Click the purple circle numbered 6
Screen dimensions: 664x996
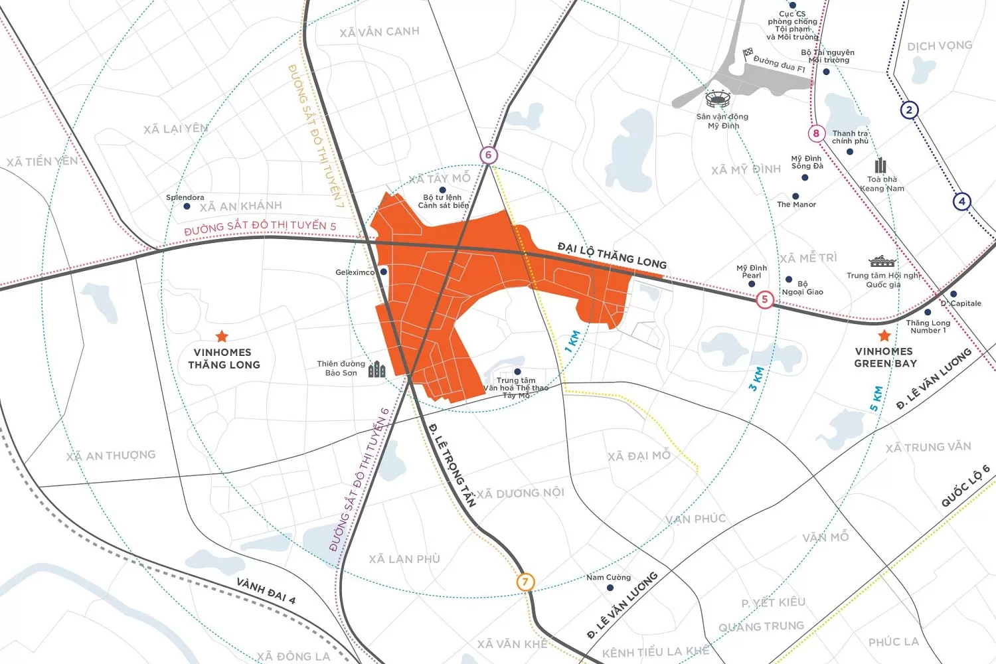(488, 155)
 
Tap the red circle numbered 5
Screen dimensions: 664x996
(764, 299)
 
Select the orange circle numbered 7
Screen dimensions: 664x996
(525, 582)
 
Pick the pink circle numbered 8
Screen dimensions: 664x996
(816, 133)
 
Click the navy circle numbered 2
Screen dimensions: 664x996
(909, 110)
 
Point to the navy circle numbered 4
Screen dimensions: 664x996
(961, 201)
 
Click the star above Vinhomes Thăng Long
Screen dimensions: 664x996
(222, 337)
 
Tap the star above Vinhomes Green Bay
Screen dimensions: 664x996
(884, 335)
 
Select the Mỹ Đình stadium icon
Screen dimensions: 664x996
(717, 100)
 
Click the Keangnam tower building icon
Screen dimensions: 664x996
(880, 165)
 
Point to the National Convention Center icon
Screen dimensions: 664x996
(882, 262)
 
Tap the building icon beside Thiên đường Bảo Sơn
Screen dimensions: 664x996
(376, 369)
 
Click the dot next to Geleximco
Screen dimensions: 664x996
(383, 272)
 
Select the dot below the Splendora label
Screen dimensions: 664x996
(187, 207)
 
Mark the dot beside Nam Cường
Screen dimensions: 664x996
(610, 588)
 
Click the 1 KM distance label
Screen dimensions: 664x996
(572, 341)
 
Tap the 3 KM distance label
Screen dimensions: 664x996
(756, 378)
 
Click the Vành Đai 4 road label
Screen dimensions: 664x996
(266, 590)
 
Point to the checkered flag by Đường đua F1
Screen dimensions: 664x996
(748, 52)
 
